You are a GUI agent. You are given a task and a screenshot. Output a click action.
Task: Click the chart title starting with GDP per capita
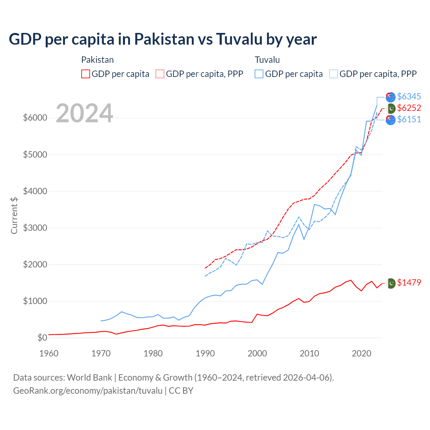pos(163,39)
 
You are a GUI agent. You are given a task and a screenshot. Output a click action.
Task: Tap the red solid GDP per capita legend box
pos(86,74)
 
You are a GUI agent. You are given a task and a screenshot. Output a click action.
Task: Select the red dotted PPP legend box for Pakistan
pos(160,74)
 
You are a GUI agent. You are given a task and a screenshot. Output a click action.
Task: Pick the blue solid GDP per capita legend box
pos(259,74)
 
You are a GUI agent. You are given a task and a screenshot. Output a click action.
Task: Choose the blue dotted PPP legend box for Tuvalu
pos(334,74)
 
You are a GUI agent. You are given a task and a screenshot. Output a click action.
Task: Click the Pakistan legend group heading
pos(97,60)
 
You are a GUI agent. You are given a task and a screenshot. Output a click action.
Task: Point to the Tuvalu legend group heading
pos(267,60)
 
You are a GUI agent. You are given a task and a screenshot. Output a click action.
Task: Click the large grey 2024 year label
pos(84,113)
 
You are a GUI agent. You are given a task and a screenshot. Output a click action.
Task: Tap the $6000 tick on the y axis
pos(35,118)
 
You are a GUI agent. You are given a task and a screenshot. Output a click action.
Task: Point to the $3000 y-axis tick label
pos(35,228)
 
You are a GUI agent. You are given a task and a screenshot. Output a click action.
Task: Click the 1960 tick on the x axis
pos(49,353)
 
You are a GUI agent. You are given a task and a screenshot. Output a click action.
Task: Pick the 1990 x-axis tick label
pos(205,353)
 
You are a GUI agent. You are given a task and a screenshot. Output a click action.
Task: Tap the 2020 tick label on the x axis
pos(361,353)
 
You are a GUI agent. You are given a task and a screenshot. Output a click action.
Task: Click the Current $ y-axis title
pos(14,215)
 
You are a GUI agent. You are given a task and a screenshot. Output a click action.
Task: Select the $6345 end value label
pos(409,97)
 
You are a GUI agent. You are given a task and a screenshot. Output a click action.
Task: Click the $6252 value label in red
pos(409,108)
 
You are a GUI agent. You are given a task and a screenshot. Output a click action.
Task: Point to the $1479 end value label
pos(409,283)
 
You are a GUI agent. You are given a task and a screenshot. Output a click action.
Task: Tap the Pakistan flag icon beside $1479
pos(391,283)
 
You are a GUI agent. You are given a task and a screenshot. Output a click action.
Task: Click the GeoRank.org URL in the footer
pos(88,391)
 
